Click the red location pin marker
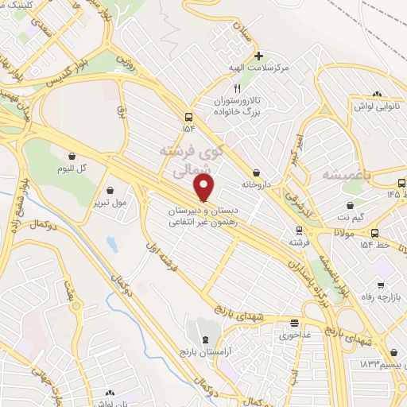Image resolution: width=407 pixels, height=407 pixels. [204, 188]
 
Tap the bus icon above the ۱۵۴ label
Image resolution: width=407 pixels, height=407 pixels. [188, 115]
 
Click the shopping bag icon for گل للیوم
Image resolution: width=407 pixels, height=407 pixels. [72, 157]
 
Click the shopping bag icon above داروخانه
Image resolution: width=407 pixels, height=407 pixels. [256, 172]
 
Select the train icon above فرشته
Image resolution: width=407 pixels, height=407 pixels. [299, 231]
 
